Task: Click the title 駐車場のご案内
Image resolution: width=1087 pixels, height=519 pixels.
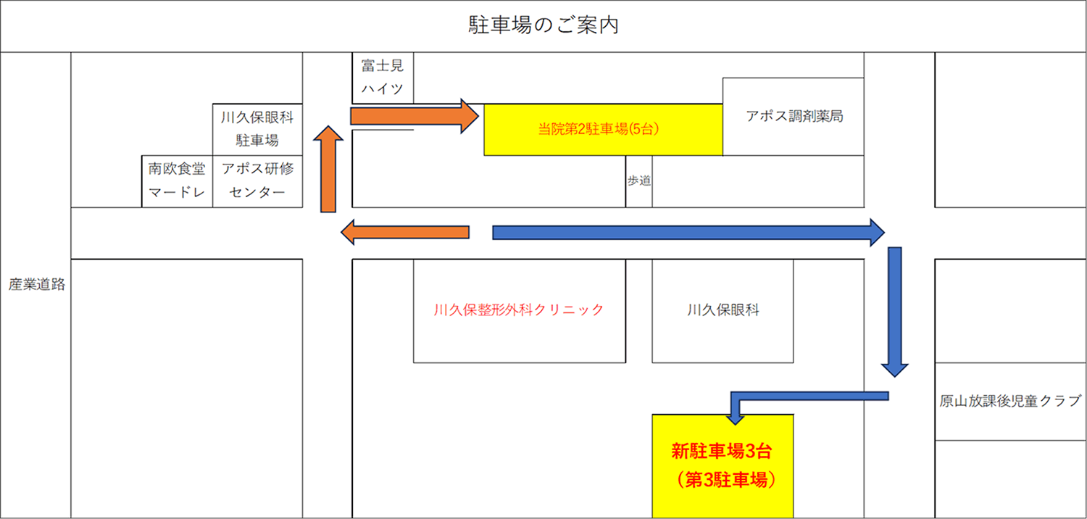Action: (543, 26)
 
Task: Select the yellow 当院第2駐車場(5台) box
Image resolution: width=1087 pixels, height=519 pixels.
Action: (602, 130)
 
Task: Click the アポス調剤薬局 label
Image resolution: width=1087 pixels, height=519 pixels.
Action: (794, 116)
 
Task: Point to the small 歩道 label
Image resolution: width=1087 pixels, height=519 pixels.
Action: (638, 181)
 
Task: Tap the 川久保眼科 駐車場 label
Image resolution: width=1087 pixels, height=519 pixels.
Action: (257, 128)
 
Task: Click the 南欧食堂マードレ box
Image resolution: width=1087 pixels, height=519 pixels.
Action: (177, 181)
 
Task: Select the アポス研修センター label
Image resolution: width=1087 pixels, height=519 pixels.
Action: (257, 181)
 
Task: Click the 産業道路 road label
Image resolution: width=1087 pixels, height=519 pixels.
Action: (37, 285)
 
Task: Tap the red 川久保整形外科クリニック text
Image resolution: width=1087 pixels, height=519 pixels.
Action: (518, 310)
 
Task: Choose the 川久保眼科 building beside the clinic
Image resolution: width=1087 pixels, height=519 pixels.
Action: (722, 310)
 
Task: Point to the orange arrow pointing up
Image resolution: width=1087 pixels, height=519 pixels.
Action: (329, 170)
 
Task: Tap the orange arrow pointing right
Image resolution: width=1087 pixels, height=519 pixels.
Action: (413, 116)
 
